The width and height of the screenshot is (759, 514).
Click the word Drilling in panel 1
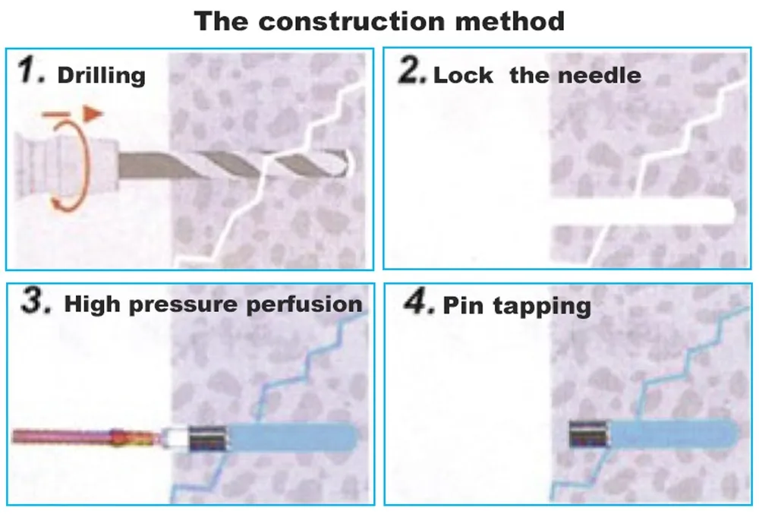(101, 75)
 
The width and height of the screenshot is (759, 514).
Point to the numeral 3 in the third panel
(35, 302)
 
